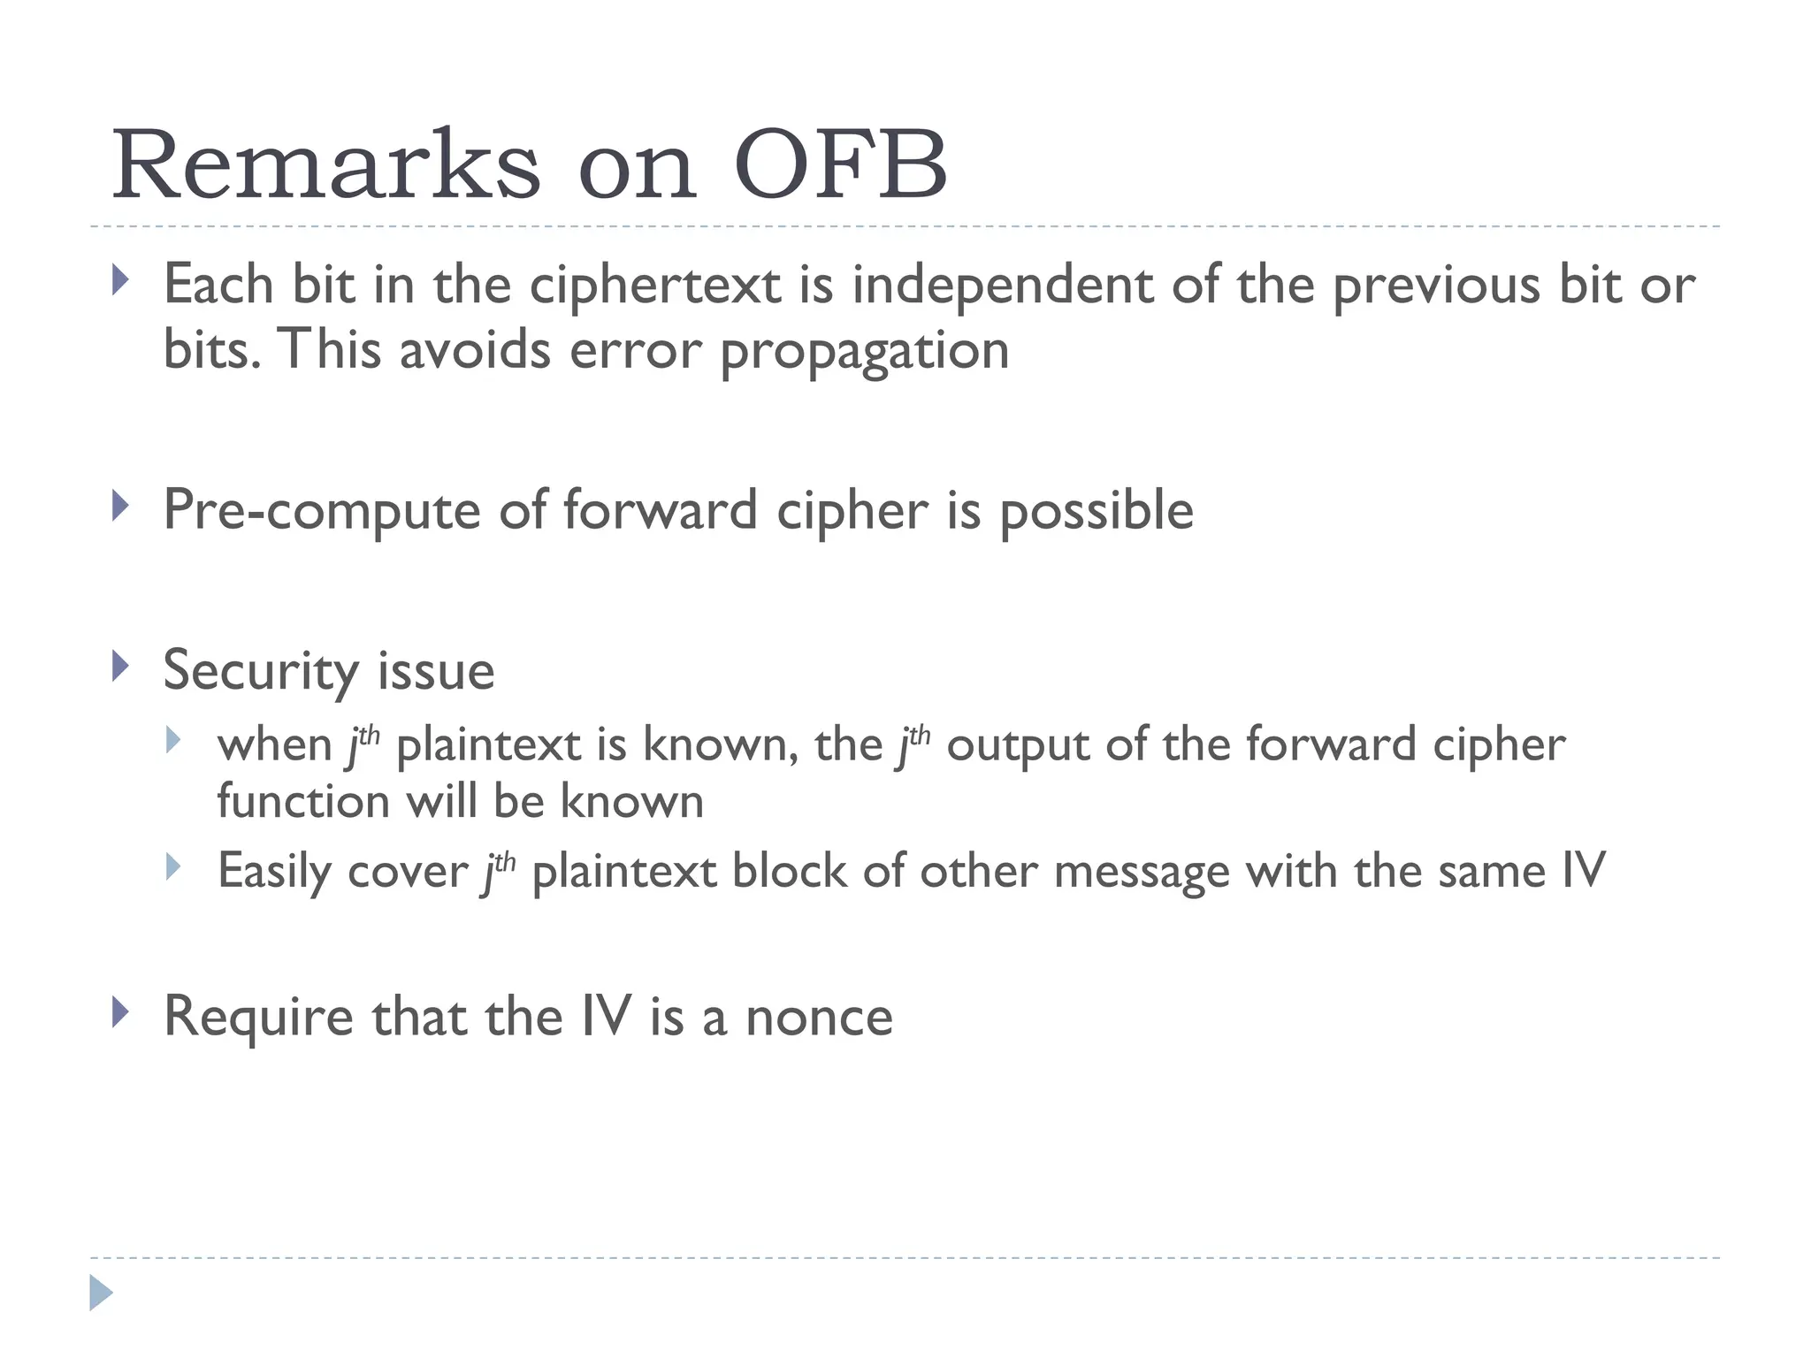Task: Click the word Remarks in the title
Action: [325, 166]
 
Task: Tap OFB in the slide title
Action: [840, 166]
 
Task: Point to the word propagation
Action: [864, 351]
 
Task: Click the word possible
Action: [1096, 511]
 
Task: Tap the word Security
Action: [261, 671]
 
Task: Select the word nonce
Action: [819, 1017]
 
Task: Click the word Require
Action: [258, 1017]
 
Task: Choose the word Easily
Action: [274, 872]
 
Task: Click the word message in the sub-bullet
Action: [1142, 871]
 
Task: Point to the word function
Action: [303, 802]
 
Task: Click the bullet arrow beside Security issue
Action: [121, 666]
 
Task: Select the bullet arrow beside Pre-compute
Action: [121, 507]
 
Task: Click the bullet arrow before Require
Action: [121, 1011]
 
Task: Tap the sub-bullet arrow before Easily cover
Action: [173, 866]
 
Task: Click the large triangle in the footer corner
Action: [101, 1293]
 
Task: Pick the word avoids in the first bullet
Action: [475, 350]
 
